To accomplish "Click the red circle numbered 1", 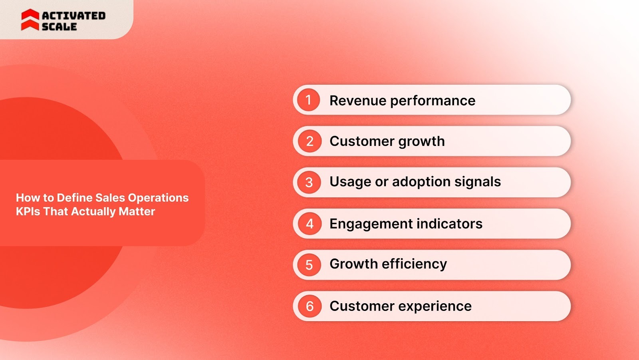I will click(x=308, y=100).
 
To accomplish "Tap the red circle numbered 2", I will click(x=310, y=141).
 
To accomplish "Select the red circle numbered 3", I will click(x=309, y=182).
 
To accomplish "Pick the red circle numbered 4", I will click(x=310, y=224).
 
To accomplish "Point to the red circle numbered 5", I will click(x=309, y=265).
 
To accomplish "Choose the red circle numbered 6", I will click(x=310, y=306).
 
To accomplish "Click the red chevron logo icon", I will click(x=30, y=20).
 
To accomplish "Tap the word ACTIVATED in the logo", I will click(x=73, y=16).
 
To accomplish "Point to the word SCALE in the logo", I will click(x=59, y=27).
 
